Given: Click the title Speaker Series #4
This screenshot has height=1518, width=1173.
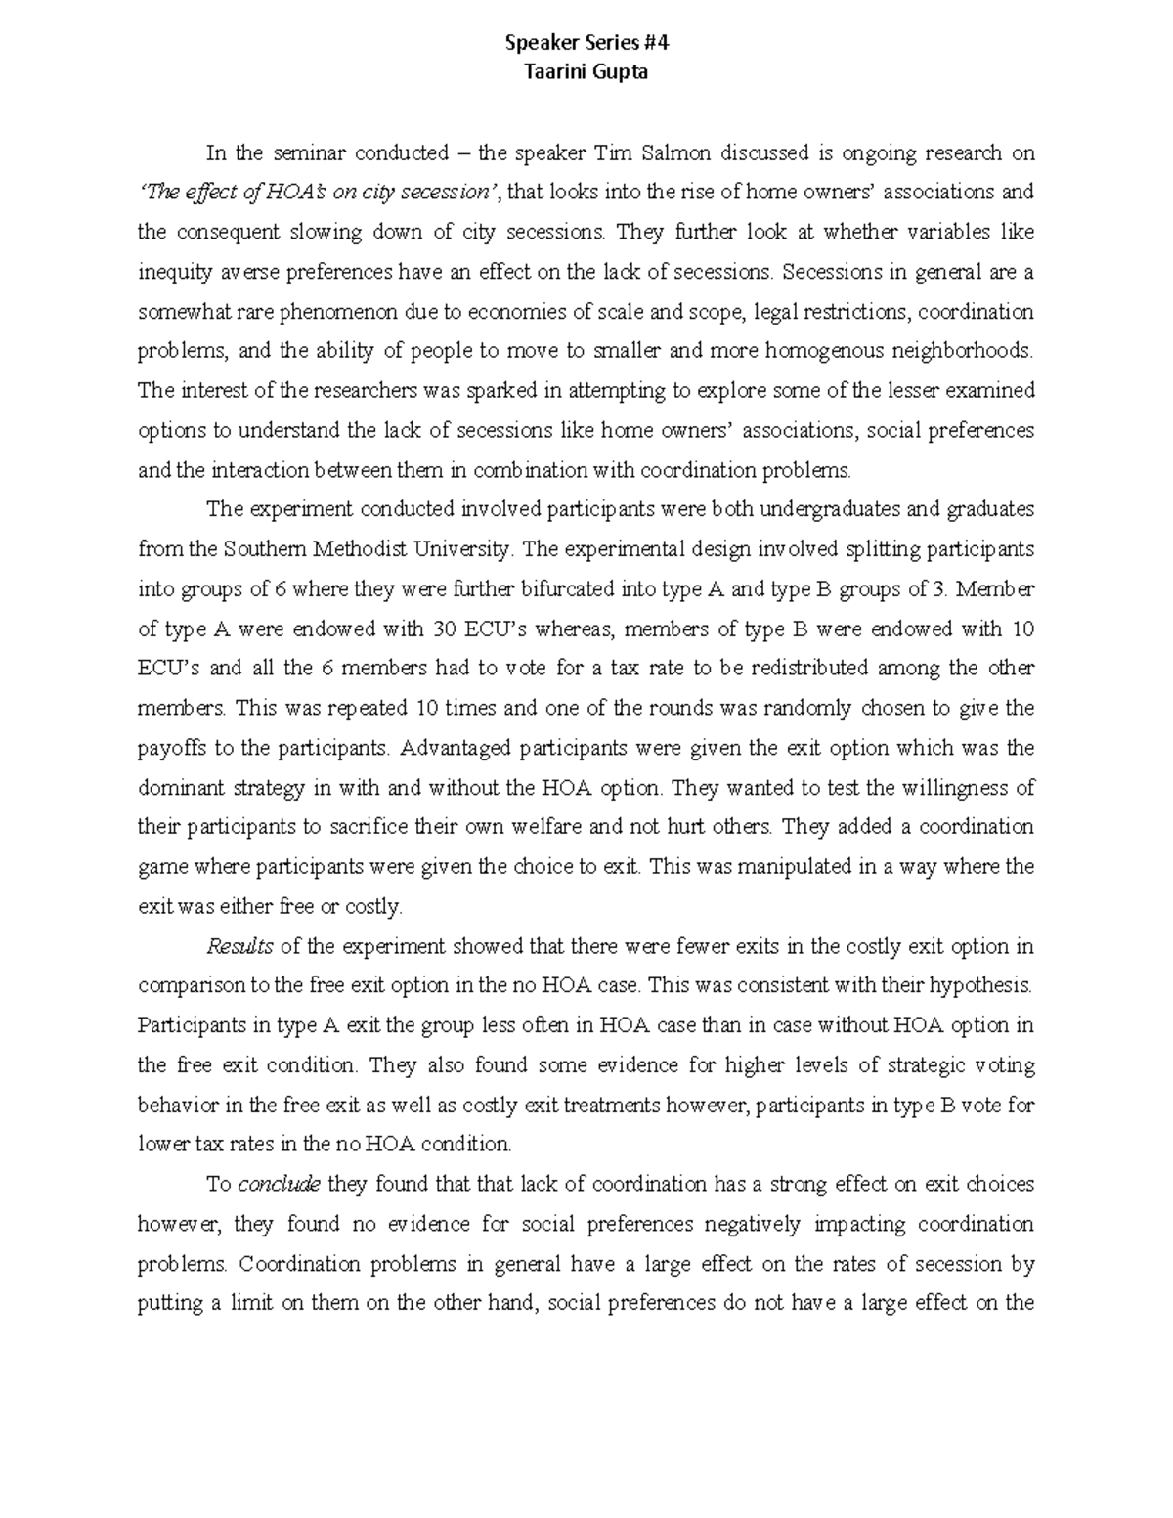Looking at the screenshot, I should [x=586, y=43].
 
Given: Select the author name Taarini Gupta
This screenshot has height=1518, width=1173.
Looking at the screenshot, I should [x=586, y=72].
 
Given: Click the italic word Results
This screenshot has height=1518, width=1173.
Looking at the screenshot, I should [x=239, y=946].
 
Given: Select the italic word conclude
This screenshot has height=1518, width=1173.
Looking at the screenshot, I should [x=279, y=1185].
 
